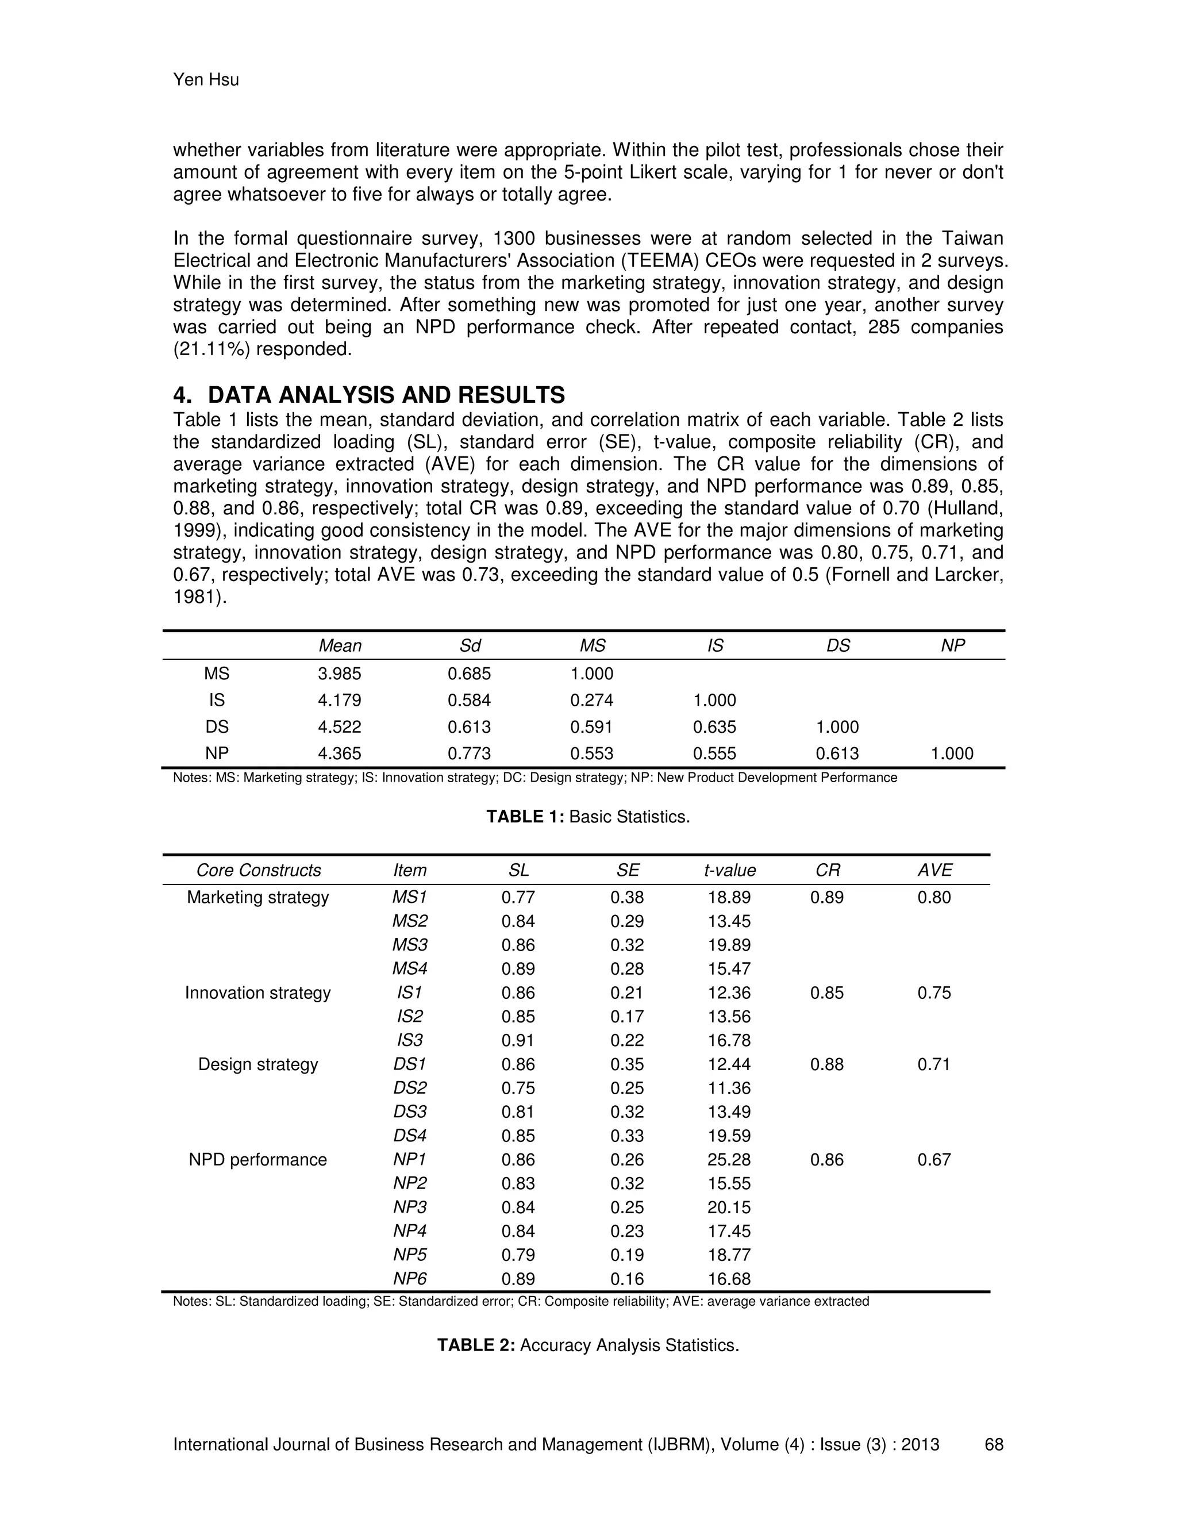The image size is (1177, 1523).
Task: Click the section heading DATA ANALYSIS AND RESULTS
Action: click(x=386, y=395)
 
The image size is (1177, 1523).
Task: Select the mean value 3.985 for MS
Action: click(x=340, y=674)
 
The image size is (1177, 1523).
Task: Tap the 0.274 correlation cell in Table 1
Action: click(x=591, y=700)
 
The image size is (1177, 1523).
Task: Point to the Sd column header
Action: click(x=470, y=646)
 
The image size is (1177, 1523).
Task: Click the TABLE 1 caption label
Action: click(x=525, y=817)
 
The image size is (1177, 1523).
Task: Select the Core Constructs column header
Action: click(x=259, y=870)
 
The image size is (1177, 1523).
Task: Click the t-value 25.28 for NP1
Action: click(x=729, y=1160)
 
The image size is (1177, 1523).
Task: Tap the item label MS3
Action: click(x=409, y=945)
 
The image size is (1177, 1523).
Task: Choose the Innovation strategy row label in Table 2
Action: click(x=258, y=993)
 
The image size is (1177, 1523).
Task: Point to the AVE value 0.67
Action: click(x=934, y=1160)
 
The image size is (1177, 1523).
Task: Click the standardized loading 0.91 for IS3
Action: click(x=517, y=1040)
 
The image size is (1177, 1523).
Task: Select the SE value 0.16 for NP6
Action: click(x=627, y=1279)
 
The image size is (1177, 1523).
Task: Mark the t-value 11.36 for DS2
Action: click(x=729, y=1088)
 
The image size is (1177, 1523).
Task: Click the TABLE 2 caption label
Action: click(x=476, y=1345)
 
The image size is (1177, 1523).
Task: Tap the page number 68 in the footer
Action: click(x=994, y=1444)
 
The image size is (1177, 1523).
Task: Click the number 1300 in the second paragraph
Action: click(x=514, y=239)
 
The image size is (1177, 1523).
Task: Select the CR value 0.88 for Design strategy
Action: click(x=826, y=1064)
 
